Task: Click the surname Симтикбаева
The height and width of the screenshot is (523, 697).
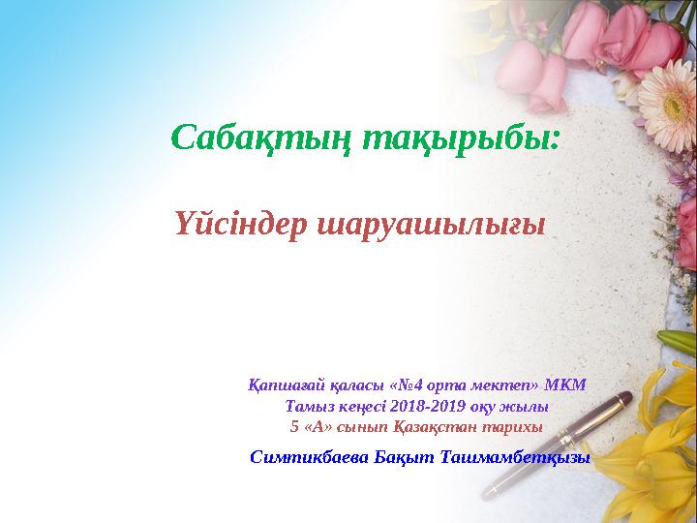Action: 308,456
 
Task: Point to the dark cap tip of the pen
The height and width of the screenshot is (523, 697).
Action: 624,396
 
